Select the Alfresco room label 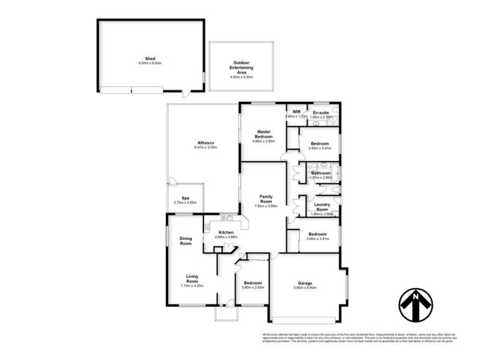coord(204,143)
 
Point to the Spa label coord(186,198)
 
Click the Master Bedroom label coord(263,134)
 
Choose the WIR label coord(296,112)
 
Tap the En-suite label coord(320,112)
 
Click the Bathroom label coord(320,173)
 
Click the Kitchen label coord(226,232)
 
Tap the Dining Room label coord(186,241)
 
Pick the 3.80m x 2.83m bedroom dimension coord(252,288)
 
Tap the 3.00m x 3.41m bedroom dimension coord(317,239)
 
